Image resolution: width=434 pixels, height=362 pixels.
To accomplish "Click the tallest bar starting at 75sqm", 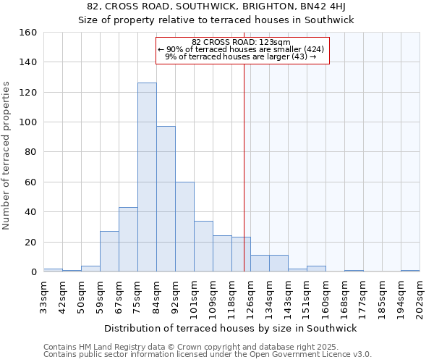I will tap(147, 177).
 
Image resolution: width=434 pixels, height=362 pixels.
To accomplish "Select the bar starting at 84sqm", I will tap(166, 199).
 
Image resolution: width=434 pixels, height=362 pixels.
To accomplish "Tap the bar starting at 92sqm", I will tap(184, 227).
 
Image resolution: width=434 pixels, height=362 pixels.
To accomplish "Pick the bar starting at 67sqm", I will tap(128, 240).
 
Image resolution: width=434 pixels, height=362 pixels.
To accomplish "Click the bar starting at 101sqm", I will tap(203, 246).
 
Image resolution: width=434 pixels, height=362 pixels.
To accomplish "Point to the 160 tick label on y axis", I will tap(28, 33).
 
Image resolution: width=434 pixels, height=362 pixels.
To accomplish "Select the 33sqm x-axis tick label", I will tap(43, 295).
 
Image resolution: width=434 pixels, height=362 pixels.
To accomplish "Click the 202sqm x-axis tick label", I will tap(420, 295).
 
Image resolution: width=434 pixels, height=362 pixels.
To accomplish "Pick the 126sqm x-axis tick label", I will tap(250, 295).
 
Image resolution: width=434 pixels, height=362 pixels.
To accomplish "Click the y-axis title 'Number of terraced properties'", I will tap(7, 155).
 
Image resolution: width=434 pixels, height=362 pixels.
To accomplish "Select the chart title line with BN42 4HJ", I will tap(216, 7).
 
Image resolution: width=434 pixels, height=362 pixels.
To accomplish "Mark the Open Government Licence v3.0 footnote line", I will tap(207, 355).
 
